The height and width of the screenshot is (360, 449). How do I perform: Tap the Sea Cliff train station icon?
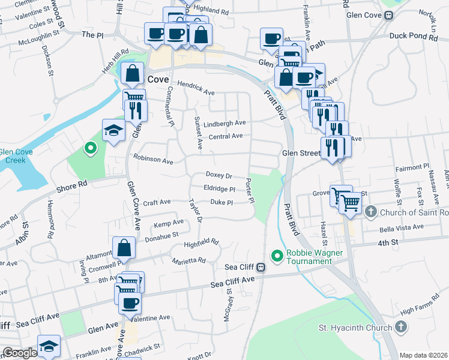pos(261,267)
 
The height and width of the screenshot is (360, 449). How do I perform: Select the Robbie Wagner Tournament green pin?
pos(277,256)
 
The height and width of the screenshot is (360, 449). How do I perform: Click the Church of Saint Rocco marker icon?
pos(371,212)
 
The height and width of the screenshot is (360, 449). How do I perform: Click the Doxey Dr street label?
pos(218,175)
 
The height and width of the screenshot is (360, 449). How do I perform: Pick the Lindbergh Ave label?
pos(225,123)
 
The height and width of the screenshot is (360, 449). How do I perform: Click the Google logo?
pos(20,353)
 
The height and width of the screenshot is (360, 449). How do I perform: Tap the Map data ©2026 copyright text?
pos(423,355)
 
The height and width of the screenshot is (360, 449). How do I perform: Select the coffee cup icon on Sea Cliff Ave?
pos(130,303)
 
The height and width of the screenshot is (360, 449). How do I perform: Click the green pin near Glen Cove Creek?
pos(90,147)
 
